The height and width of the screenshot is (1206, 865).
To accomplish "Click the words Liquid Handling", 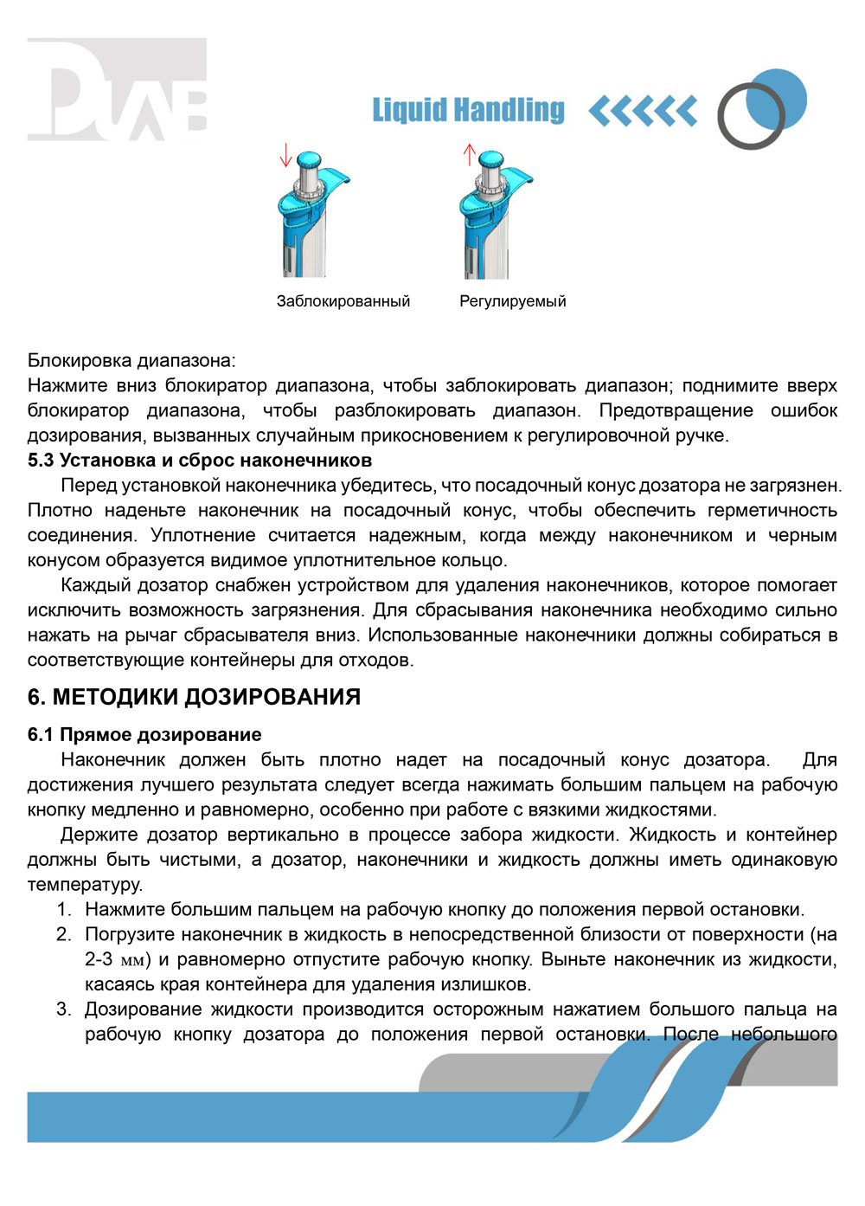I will pyautogui.click(x=468, y=110).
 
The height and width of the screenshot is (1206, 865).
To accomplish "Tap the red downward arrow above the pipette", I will pyautogui.click(x=286, y=156).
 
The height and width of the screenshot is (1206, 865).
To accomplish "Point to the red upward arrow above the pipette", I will pyautogui.click(x=470, y=155).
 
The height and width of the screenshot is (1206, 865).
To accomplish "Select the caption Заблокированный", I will pyautogui.click(x=343, y=301).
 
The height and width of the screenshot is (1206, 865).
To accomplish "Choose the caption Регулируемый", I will pyautogui.click(x=513, y=301).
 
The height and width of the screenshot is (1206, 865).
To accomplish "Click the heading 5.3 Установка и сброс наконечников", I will pyautogui.click(x=200, y=460).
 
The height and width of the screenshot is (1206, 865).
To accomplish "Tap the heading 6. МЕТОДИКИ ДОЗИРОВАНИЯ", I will pyautogui.click(x=194, y=697).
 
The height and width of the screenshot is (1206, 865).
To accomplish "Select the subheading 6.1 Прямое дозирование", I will pyautogui.click(x=144, y=734).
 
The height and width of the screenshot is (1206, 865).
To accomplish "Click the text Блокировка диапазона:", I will pyautogui.click(x=131, y=360).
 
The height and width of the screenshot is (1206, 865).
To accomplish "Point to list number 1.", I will pyautogui.click(x=64, y=910).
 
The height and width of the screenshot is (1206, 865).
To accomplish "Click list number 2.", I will pyautogui.click(x=64, y=935).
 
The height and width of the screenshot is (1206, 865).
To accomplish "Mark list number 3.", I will pyautogui.click(x=64, y=1009).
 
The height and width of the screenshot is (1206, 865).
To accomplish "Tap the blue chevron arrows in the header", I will pyautogui.click(x=643, y=111).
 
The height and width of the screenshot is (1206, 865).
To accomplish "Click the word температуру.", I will pyautogui.click(x=85, y=885).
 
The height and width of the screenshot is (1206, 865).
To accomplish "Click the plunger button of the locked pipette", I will pyautogui.click(x=308, y=162).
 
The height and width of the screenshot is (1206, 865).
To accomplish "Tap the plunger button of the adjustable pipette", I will pyautogui.click(x=491, y=160).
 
